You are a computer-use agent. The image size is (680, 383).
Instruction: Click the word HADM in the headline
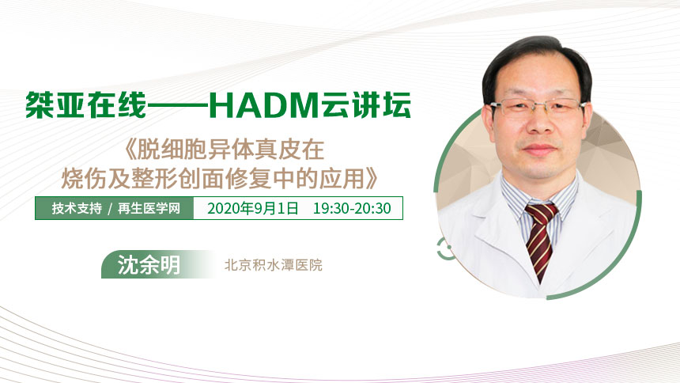click(263, 105)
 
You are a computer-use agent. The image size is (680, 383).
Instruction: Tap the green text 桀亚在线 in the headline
click(86, 105)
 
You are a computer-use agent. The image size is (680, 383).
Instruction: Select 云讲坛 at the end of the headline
click(365, 105)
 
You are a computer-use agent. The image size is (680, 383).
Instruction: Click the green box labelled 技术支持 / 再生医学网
click(115, 208)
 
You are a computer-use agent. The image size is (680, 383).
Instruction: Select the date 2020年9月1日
click(253, 208)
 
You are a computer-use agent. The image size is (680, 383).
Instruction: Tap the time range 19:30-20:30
click(352, 208)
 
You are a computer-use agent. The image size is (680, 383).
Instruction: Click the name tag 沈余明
click(149, 264)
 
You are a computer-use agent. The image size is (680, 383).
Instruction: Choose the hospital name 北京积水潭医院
click(274, 265)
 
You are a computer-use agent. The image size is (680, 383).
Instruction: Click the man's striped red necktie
click(540, 239)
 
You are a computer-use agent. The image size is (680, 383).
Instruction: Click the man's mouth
click(540, 149)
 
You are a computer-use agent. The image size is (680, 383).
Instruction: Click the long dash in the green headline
click(178, 105)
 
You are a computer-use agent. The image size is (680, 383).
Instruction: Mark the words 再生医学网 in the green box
click(149, 208)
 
